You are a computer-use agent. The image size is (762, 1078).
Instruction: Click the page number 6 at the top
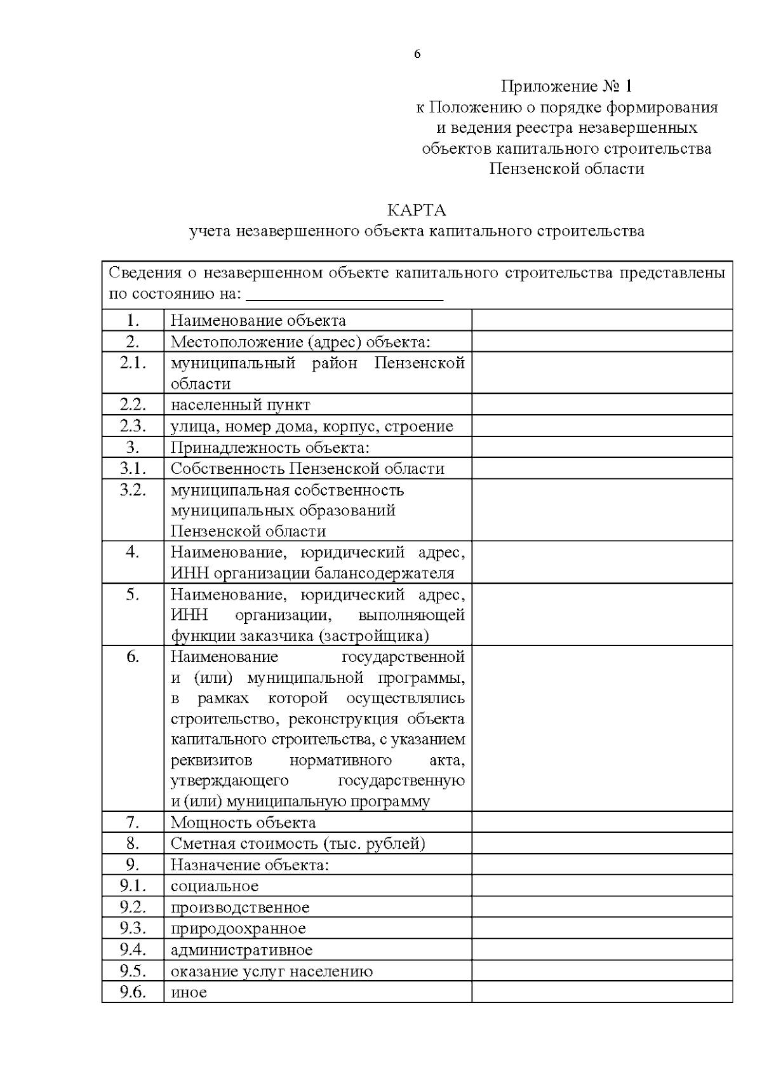417,55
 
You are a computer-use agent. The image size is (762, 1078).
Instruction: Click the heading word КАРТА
417,210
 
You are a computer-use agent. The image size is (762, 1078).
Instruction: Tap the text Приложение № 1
566,86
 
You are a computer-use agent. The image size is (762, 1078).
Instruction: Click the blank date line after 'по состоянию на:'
344,296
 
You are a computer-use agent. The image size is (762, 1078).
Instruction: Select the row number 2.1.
133,363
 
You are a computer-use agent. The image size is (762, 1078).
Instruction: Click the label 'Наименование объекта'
258,321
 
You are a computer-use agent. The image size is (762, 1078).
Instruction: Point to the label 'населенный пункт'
240,405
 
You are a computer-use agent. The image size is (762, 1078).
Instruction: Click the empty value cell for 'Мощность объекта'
601,823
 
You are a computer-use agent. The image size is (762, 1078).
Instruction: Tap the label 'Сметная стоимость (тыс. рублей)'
298,844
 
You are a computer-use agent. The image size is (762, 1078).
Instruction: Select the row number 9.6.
133,992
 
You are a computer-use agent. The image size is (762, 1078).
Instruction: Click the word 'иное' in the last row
189,992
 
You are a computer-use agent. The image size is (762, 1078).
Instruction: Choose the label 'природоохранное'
238,929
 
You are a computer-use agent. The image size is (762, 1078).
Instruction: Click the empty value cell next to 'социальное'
601,886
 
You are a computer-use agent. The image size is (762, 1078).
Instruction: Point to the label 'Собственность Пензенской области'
307,469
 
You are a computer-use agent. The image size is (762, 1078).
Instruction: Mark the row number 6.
133,657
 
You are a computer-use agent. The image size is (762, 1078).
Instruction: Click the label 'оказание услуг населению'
272,971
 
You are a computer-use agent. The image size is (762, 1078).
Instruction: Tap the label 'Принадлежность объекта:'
270,447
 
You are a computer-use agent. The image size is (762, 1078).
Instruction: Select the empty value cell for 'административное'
601,950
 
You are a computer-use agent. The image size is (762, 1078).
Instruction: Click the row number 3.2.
133,490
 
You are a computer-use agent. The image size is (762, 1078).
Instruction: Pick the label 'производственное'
240,908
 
